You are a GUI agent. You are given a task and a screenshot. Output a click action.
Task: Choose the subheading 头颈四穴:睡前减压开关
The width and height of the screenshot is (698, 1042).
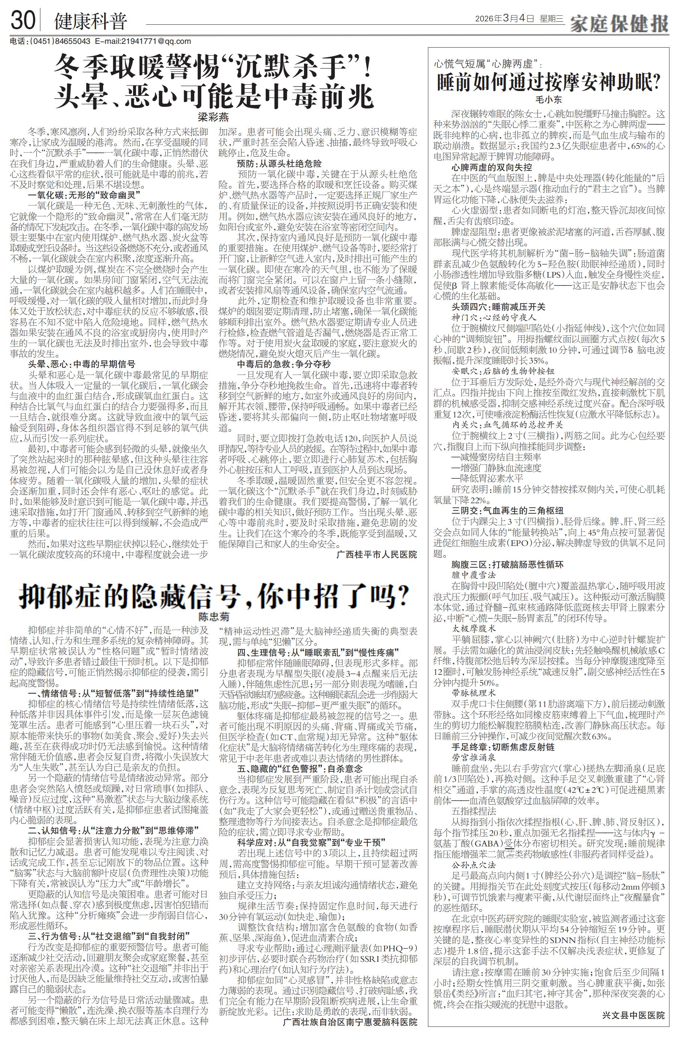pos(498,307)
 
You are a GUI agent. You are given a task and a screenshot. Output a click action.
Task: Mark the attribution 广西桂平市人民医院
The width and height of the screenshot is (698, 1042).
pos(377,555)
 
